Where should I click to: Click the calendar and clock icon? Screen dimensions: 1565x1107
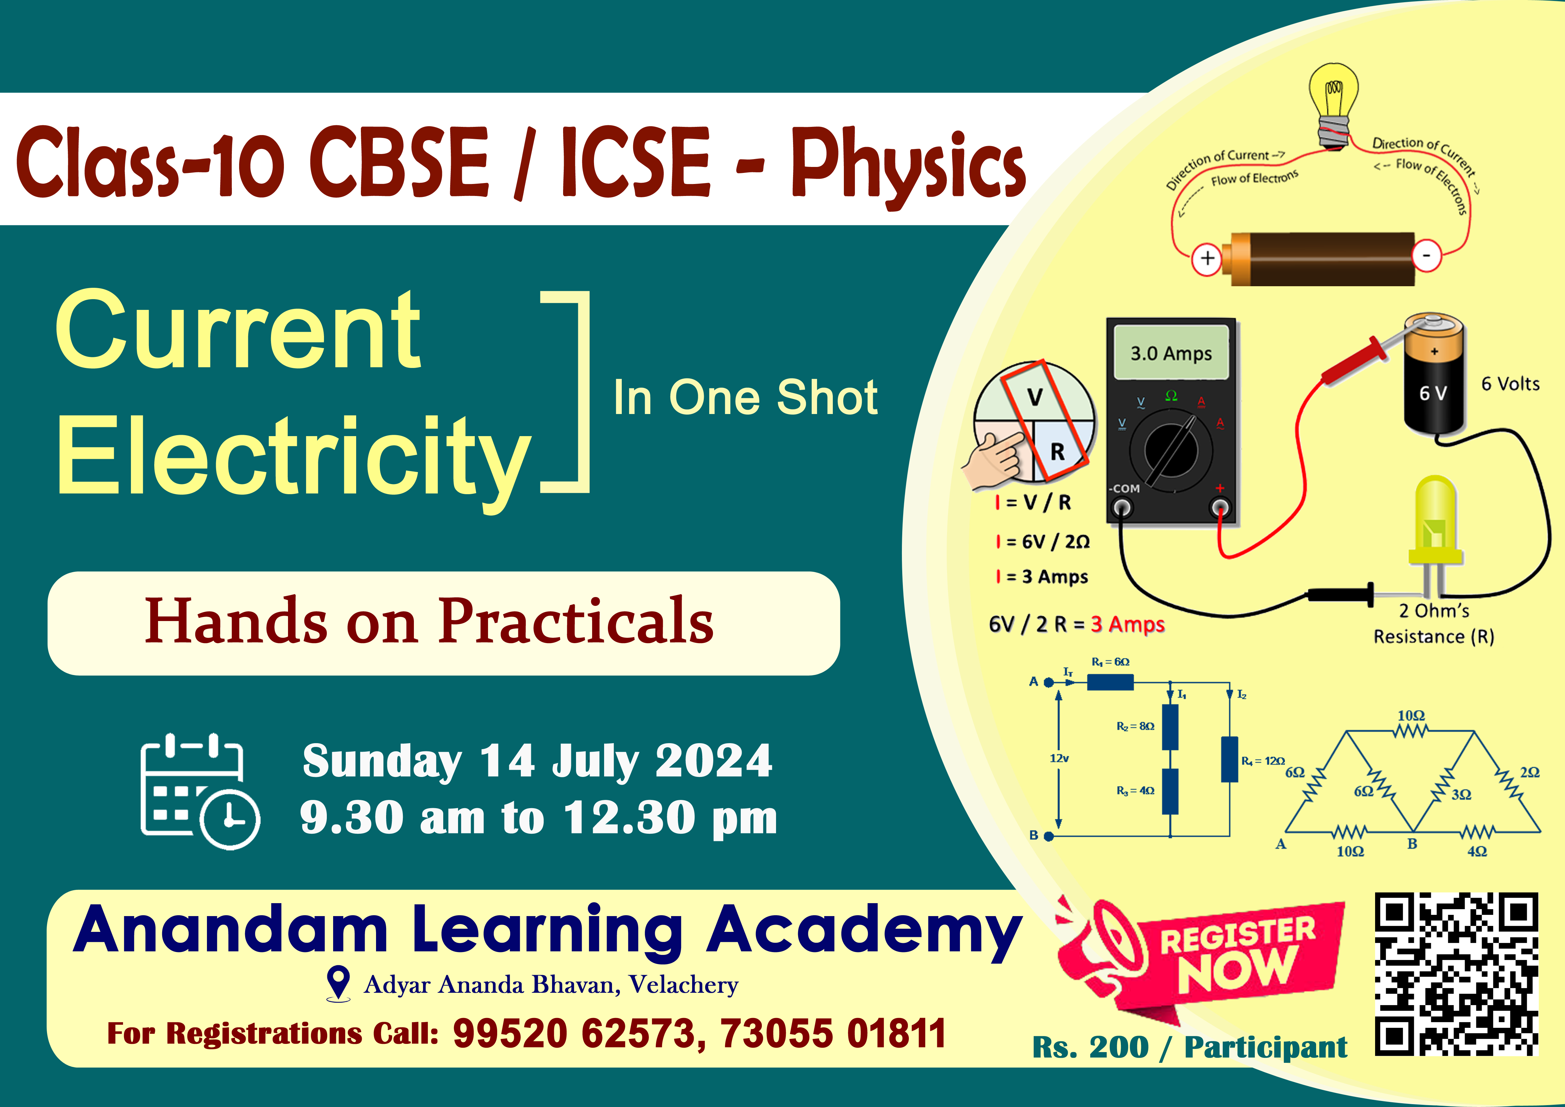[200, 791]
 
